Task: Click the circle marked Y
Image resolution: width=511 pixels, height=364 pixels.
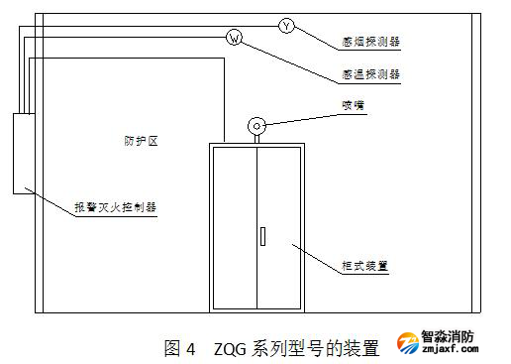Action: [x=286, y=26]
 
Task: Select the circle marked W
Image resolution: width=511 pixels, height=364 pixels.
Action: [x=234, y=38]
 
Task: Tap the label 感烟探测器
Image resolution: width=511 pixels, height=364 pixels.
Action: [x=370, y=42]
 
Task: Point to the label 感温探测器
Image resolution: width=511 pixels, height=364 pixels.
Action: [x=370, y=74]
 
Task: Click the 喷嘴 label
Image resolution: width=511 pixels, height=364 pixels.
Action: [x=353, y=105]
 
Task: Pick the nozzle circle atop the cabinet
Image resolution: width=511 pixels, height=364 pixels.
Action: [x=256, y=126]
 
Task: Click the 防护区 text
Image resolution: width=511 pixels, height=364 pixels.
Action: [x=141, y=141]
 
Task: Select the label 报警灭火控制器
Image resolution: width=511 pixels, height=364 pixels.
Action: [x=115, y=207]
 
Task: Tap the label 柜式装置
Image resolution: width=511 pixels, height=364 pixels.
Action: [x=364, y=266]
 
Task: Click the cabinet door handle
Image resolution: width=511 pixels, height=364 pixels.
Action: [x=262, y=236]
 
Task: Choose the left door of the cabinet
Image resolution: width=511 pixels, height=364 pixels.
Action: [x=235, y=228]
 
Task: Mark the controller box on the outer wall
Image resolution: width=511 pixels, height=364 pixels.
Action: [x=24, y=154]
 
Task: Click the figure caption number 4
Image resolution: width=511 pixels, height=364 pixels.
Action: [x=191, y=349]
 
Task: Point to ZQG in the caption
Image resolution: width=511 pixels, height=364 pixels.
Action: [x=230, y=349]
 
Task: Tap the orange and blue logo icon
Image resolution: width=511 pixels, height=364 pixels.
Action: [x=408, y=343]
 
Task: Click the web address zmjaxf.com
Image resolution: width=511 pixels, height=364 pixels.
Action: [x=450, y=348]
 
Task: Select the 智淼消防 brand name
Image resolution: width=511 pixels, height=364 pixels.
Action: [x=448, y=337]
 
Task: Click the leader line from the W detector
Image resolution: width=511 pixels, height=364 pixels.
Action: [x=290, y=62]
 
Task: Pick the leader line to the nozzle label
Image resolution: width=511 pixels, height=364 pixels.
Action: [x=302, y=119]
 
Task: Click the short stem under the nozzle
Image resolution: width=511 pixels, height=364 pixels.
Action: [x=256, y=139]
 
